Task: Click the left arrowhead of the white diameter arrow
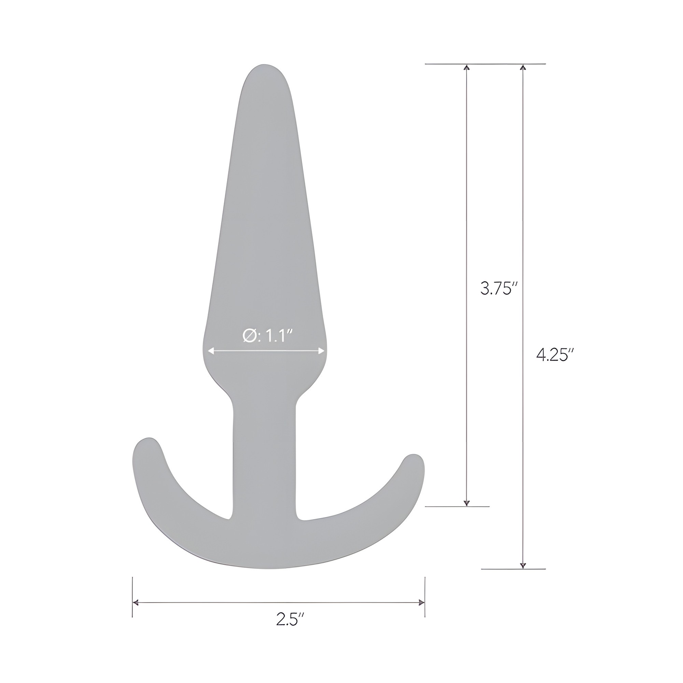[211, 351]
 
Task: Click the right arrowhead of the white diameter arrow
[321, 351]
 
